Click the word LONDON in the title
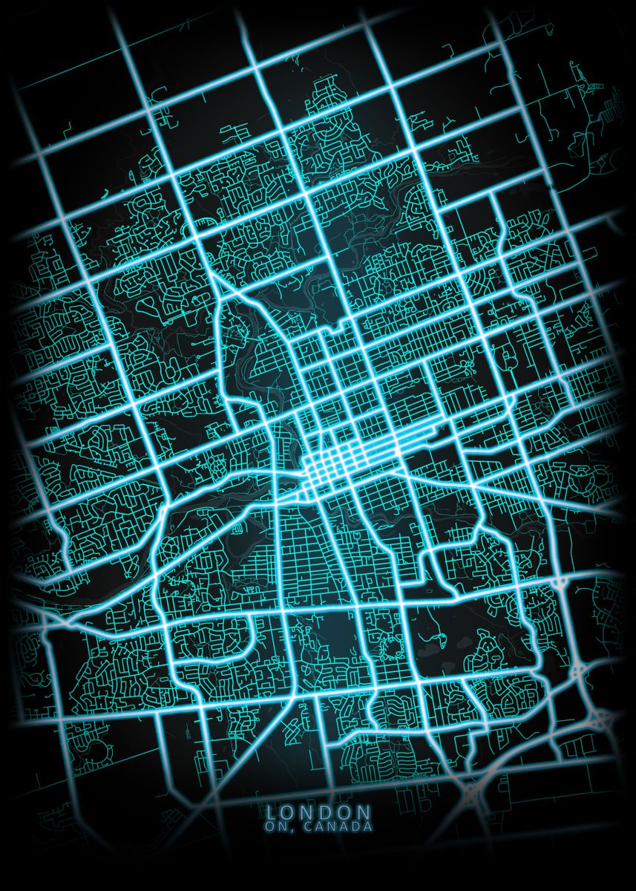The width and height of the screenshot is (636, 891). point(318,813)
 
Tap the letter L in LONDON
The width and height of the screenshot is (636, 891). point(271,813)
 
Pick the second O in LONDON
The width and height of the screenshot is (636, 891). point(347,813)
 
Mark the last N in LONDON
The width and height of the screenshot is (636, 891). point(364,813)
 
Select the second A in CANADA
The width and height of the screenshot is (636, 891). point(341,826)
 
